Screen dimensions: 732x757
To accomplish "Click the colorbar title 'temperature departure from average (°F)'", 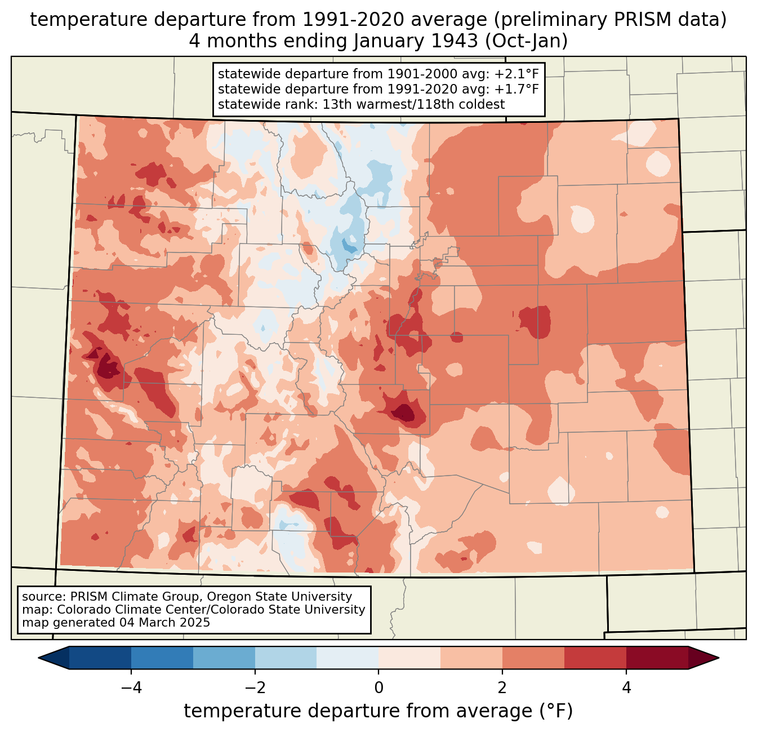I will click(x=379, y=711).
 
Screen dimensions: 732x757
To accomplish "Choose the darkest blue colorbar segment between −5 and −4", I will click(x=100, y=658).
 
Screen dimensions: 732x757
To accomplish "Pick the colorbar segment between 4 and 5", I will click(x=657, y=658).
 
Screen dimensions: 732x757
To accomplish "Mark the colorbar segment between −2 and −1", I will click(x=286, y=658).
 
